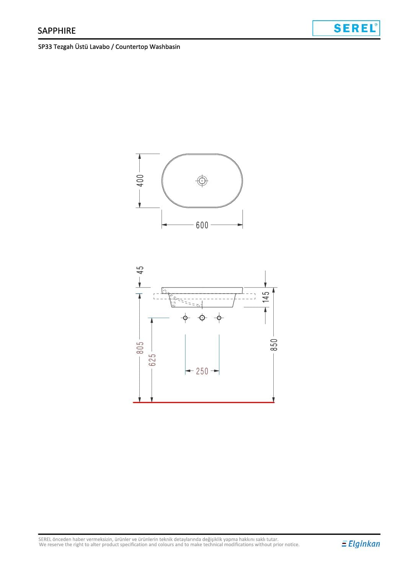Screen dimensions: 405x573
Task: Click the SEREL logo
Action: [x=346, y=28]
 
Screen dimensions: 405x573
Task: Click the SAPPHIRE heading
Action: [x=57, y=31]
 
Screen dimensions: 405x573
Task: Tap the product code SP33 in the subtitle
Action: [x=45, y=47]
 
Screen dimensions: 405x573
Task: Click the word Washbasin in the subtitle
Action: [x=165, y=47]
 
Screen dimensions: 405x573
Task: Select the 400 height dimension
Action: [x=140, y=181]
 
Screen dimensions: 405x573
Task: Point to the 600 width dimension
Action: [x=202, y=225]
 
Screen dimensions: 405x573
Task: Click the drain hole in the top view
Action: [x=202, y=181]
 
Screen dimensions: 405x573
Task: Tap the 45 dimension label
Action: [x=140, y=270]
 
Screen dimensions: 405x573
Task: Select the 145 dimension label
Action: [x=266, y=297]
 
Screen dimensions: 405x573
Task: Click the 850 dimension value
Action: [x=274, y=344]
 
